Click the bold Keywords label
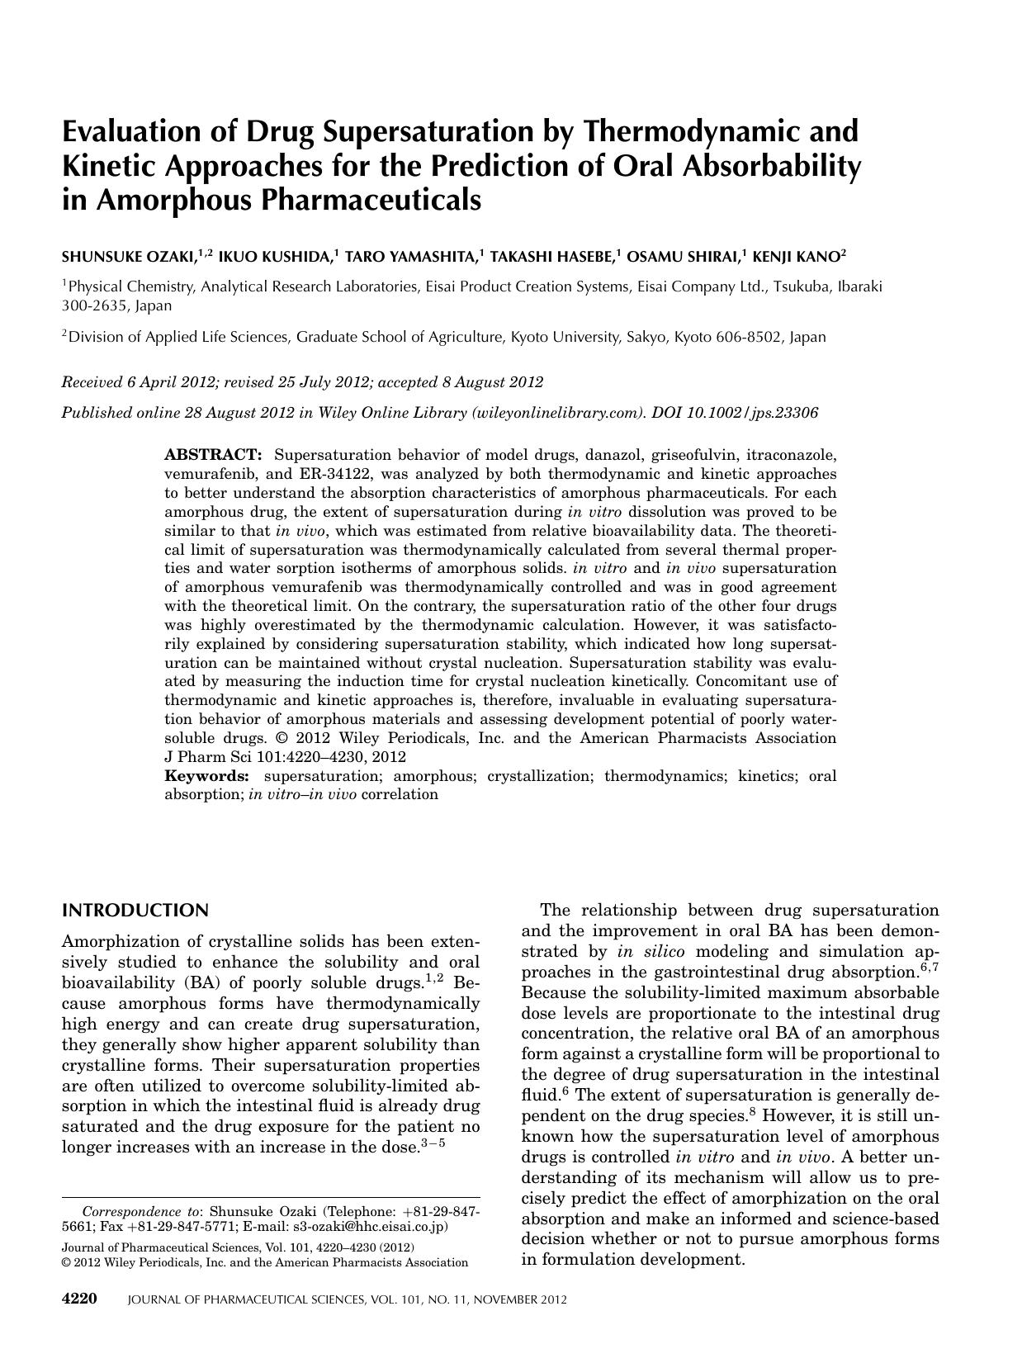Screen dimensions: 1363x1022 (x=206, y=776)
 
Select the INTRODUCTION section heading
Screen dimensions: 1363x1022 (x=135, y=911)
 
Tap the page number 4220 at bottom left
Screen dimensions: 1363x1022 (x=80, y=1299)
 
